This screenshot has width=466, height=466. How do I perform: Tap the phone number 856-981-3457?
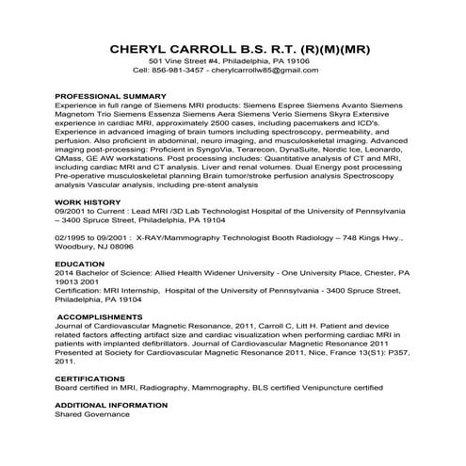coord(176,70)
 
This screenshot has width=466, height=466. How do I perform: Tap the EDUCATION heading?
coord(79,264)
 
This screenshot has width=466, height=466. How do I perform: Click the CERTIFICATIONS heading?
coord(93,378)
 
